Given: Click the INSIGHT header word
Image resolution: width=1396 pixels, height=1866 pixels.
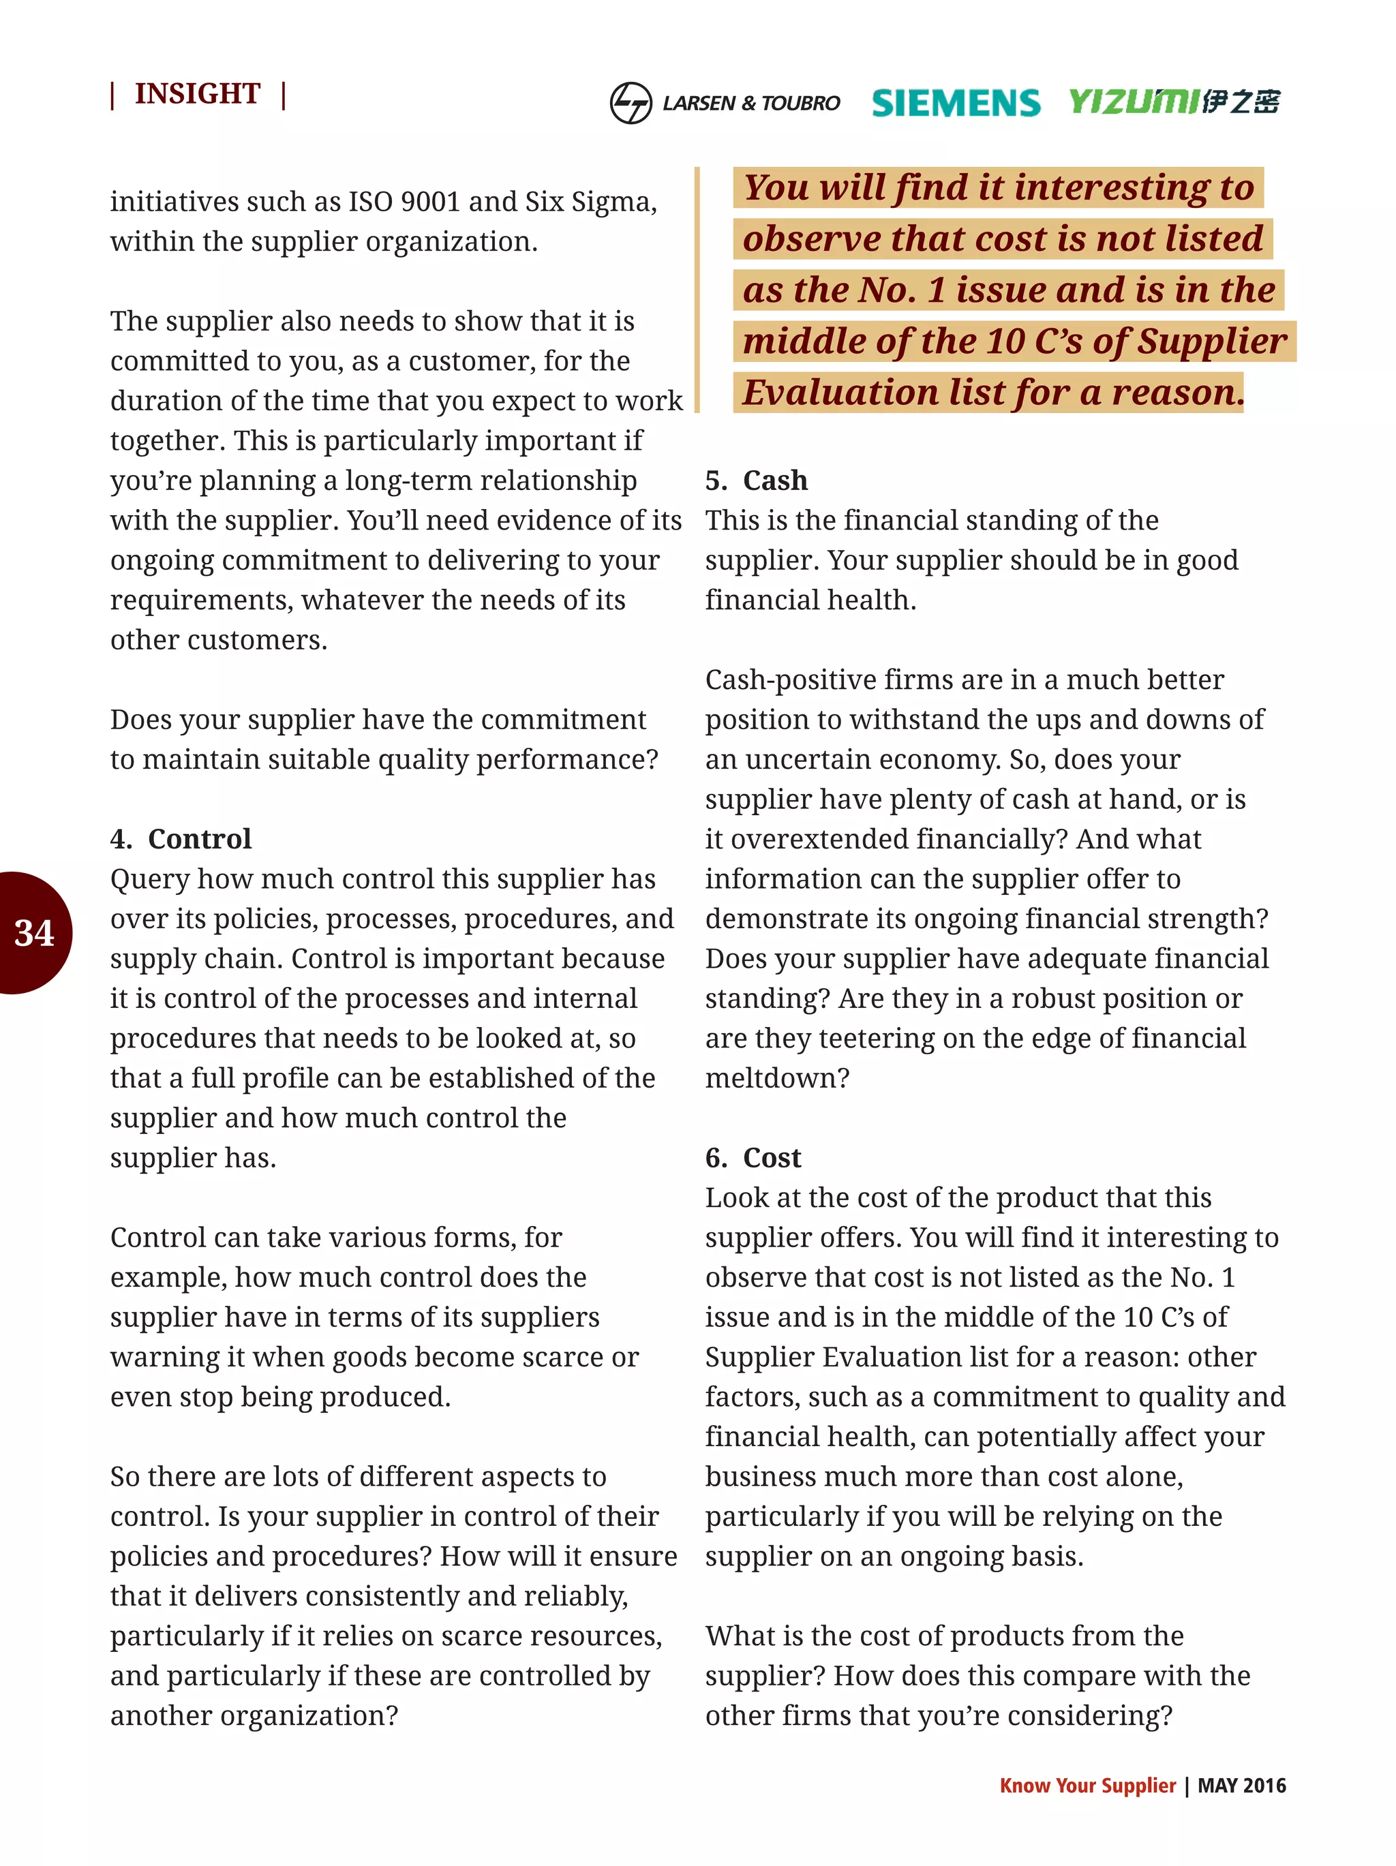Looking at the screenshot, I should (x=198, y=93).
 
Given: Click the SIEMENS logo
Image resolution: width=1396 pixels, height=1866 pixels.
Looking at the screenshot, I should (x=955, y=103).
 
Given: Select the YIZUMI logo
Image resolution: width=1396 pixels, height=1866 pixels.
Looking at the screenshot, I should (x=1173, y=102).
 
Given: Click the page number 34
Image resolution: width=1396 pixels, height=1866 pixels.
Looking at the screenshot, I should (x=33, y=933).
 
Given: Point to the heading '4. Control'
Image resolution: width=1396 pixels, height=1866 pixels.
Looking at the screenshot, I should (x=181, y=838).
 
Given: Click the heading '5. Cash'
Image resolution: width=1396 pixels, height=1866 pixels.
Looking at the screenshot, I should (x=756, y=480).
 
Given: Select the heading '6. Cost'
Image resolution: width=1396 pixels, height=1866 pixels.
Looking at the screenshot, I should (x=753, y=1157).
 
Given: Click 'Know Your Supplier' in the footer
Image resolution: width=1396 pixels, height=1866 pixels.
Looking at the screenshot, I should (x=1087, y=1785).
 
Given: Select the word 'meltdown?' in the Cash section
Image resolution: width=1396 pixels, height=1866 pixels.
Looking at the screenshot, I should (x=777, y=1078).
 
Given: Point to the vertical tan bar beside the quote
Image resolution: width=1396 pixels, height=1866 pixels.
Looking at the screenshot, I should (x=697, y=290).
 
